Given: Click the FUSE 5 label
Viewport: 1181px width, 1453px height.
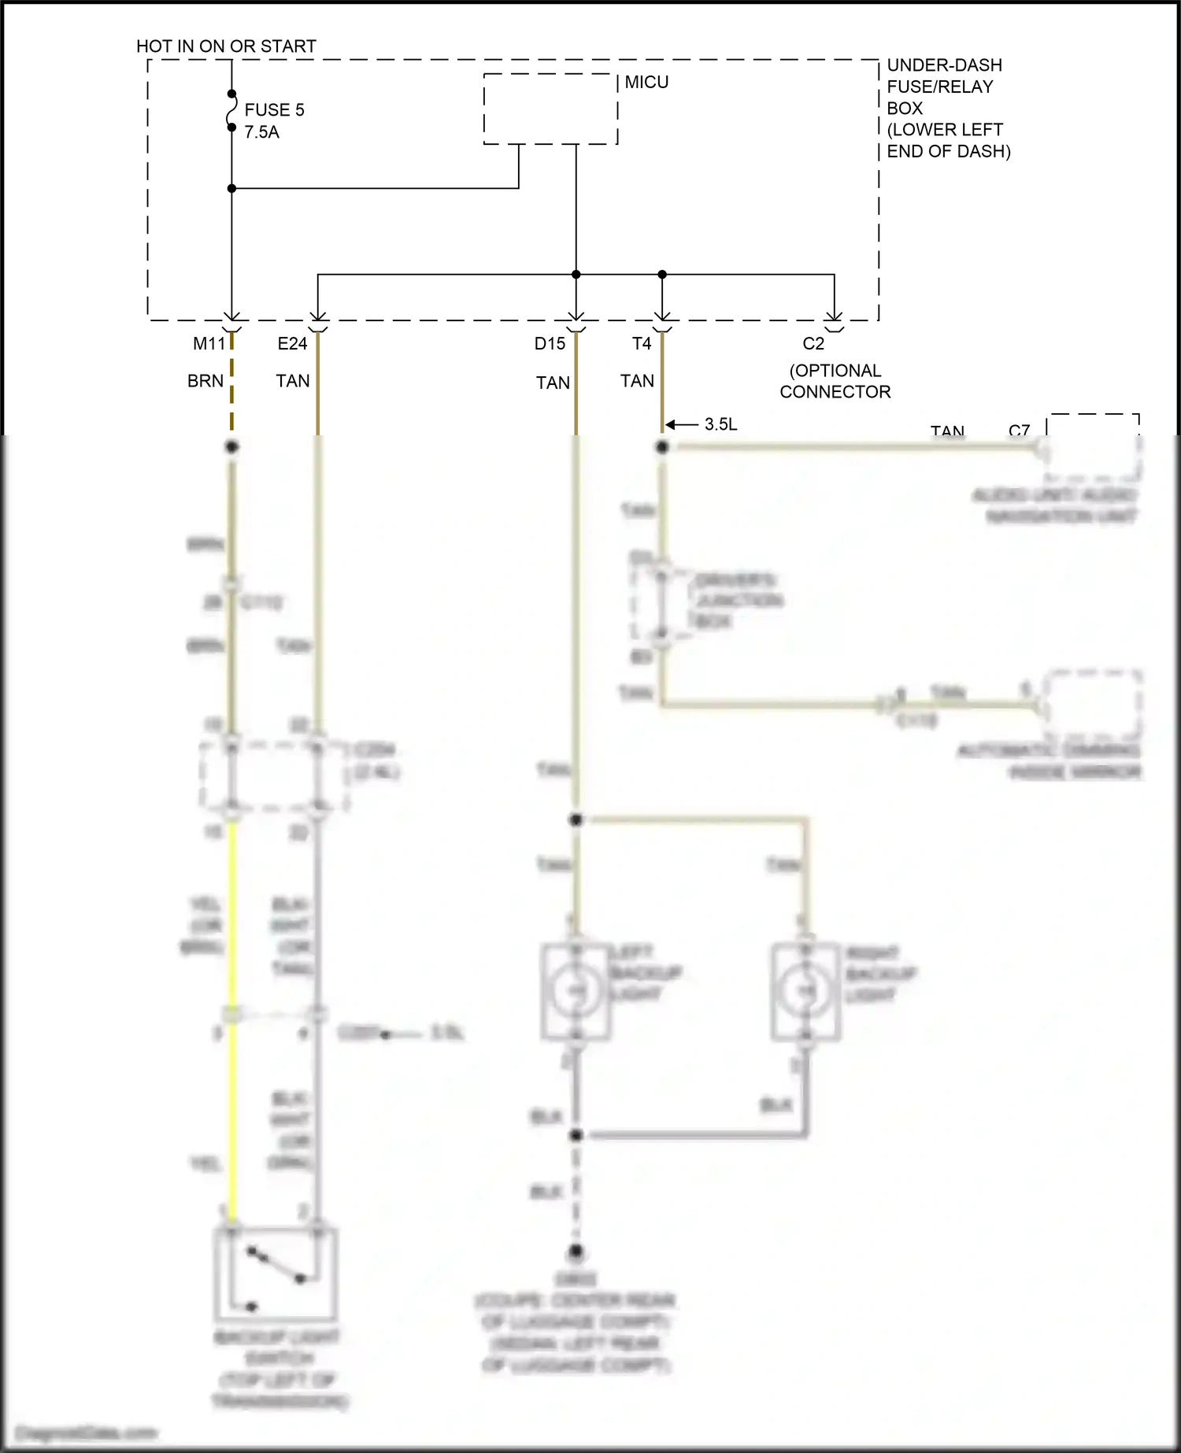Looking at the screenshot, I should pos(274,109).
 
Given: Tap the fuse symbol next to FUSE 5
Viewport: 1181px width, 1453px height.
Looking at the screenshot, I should pos(231,110).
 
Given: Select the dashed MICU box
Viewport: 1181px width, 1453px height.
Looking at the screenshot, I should pos(550,109).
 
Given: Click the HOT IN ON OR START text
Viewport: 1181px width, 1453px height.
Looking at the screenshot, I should pos(226,46).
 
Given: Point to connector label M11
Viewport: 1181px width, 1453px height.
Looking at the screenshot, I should pos(209,344).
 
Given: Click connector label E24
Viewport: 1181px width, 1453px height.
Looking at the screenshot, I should pos(292,344).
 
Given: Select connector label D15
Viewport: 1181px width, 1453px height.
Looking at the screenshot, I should pos(550,344).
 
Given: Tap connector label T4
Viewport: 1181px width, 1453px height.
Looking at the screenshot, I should pos(642,344).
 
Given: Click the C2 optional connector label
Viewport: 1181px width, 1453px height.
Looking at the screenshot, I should pos(813,344).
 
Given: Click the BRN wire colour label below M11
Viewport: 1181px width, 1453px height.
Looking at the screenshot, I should pos(205,381).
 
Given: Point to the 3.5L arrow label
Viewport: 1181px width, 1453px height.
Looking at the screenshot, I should pos(720,424).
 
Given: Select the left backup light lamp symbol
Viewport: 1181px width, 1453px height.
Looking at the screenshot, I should pos(576,991).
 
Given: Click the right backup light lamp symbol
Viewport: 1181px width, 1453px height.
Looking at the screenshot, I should pos(805,991).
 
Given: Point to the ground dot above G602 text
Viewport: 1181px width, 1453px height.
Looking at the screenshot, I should pos(576,1252).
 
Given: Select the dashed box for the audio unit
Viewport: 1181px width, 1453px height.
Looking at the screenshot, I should pos(1093,447).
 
